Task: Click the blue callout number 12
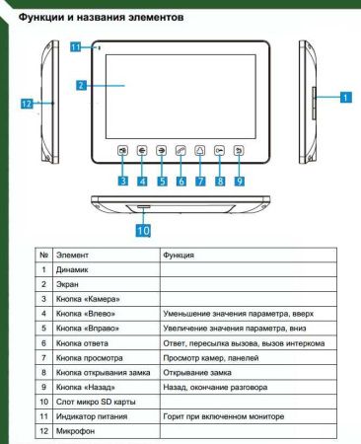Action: point(29,102)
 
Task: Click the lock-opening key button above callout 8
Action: point(219,152)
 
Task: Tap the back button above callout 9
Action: point(240,152)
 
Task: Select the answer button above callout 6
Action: point(180,152)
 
